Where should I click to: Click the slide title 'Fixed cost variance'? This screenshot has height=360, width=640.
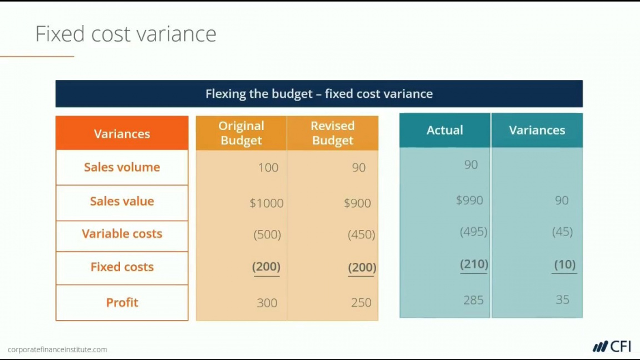[126, 33]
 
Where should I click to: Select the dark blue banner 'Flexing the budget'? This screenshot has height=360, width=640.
[319, 94]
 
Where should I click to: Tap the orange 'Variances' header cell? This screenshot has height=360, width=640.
[122, 133]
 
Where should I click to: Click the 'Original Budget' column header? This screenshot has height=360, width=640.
[241, 133]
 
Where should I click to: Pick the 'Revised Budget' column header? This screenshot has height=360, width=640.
[333, 133]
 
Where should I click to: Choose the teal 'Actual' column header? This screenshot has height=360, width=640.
[445, 130]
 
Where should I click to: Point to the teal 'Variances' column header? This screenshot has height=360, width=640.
[537, 130]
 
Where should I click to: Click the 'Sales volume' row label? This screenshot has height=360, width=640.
[122, 167]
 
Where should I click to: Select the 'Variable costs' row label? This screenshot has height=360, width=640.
[122, 233]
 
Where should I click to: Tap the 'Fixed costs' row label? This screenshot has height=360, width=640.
[122, 267]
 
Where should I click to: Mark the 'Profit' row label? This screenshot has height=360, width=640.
[122, 302]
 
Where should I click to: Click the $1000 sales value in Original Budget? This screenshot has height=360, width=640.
[267, 203]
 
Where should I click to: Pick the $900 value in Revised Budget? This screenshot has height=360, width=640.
[357, 203]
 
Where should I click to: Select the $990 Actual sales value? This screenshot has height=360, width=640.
[469, 200]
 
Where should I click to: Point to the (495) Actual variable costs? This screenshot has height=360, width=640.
[473, 232]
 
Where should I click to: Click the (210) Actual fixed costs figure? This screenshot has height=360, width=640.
[474, 264]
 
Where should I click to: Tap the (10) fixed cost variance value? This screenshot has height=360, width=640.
[564, 264]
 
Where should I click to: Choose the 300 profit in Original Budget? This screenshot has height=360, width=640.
[267, 303]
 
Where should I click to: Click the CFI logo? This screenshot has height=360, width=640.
[612, 347]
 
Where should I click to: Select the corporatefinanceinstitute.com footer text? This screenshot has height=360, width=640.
[58, 349]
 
